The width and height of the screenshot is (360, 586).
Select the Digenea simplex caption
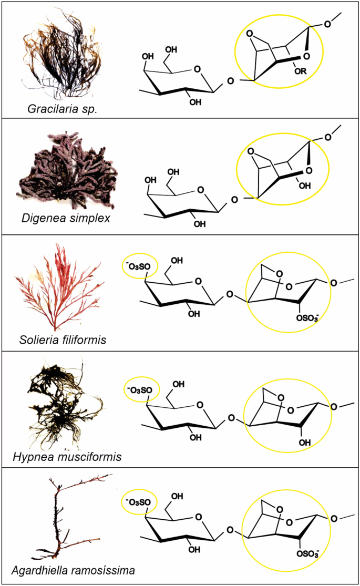click(x=66, y=218)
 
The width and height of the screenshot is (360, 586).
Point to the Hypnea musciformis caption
click(x=67, y=457)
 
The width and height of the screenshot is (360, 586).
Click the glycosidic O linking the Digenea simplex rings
click(x=234, y=199)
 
